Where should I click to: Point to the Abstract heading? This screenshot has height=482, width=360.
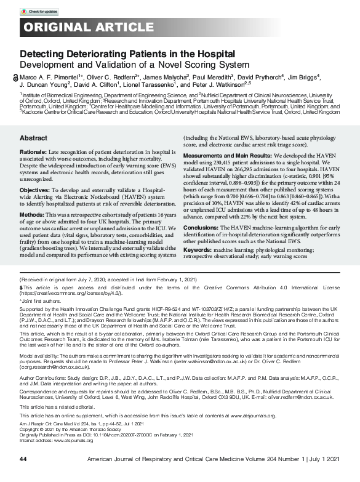pos(33,139)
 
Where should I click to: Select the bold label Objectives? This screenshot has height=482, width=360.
pos(34,183)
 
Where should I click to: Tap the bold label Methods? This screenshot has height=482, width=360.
pos(31,214)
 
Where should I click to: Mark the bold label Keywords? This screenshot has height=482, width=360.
pos(200,250)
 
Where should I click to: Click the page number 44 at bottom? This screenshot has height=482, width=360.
pos(23,459)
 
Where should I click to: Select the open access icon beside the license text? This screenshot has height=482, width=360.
pos(22,288)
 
